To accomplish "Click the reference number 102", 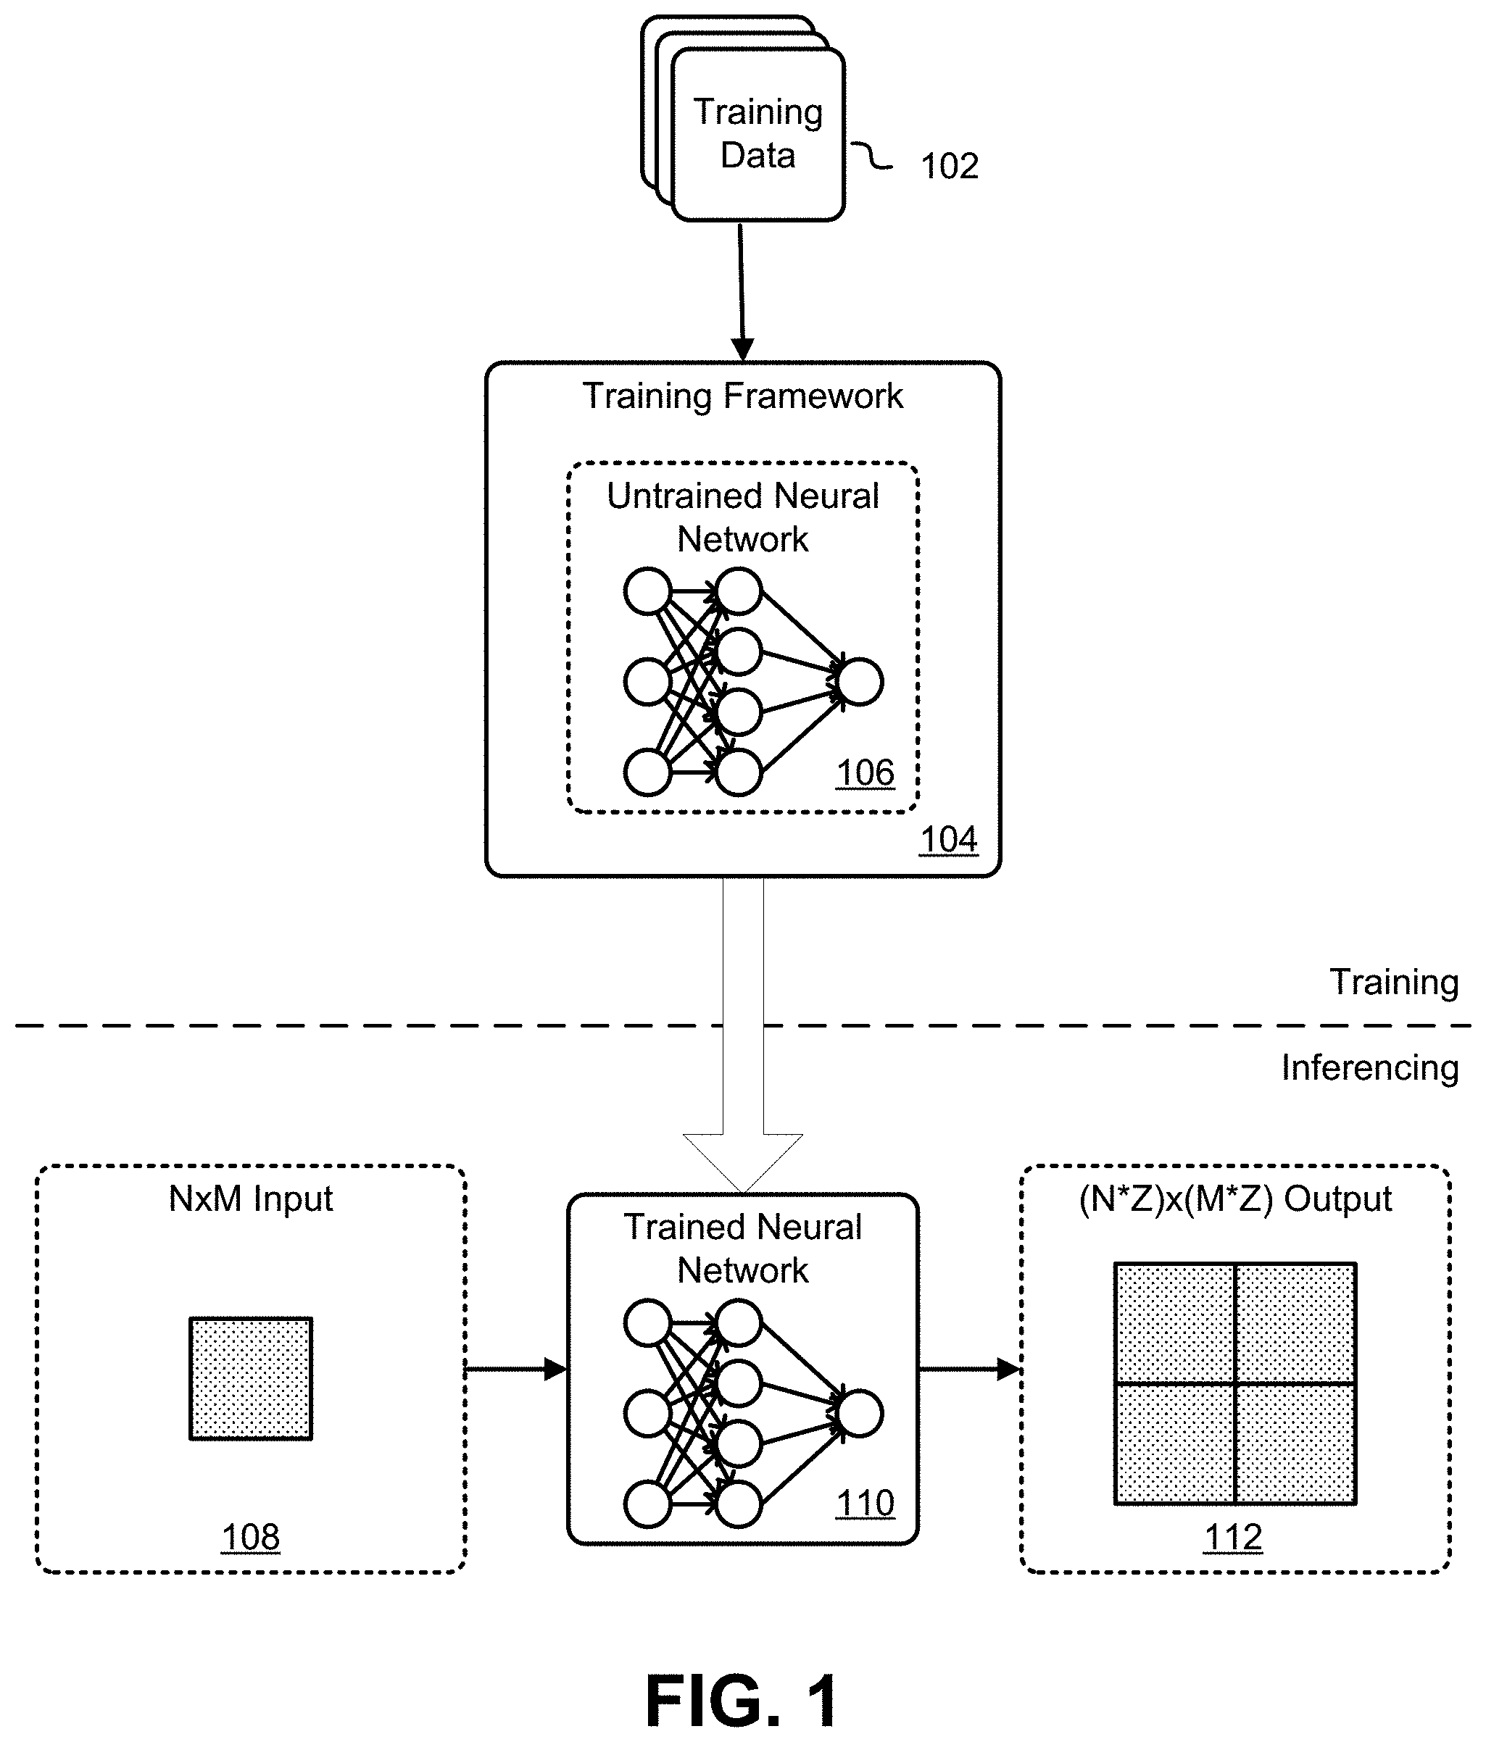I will [x=950, y=167].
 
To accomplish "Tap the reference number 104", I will [x=947, y=839].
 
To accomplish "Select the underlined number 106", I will [x=865, y=772].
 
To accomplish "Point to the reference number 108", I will [x=250, y=1538].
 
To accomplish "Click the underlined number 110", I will [x=865, y=1503].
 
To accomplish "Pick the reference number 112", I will [x=1233, y=1538].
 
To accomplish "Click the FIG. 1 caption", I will [x=741, y=1699].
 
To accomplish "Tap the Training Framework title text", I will [x=742, y=396].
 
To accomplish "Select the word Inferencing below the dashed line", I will [x=1369, y=1067].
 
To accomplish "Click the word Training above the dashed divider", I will [x=1393, y=982].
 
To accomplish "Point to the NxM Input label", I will [x=251, y=1198].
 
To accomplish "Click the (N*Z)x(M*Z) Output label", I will [x=1234, y=1198].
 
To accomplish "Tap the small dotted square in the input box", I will [x=251, y=1379].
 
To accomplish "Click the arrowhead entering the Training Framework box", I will [x=742, y=349].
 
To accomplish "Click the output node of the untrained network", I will [x=860, y=682].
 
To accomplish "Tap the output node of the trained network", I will [x=860, y=1413].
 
